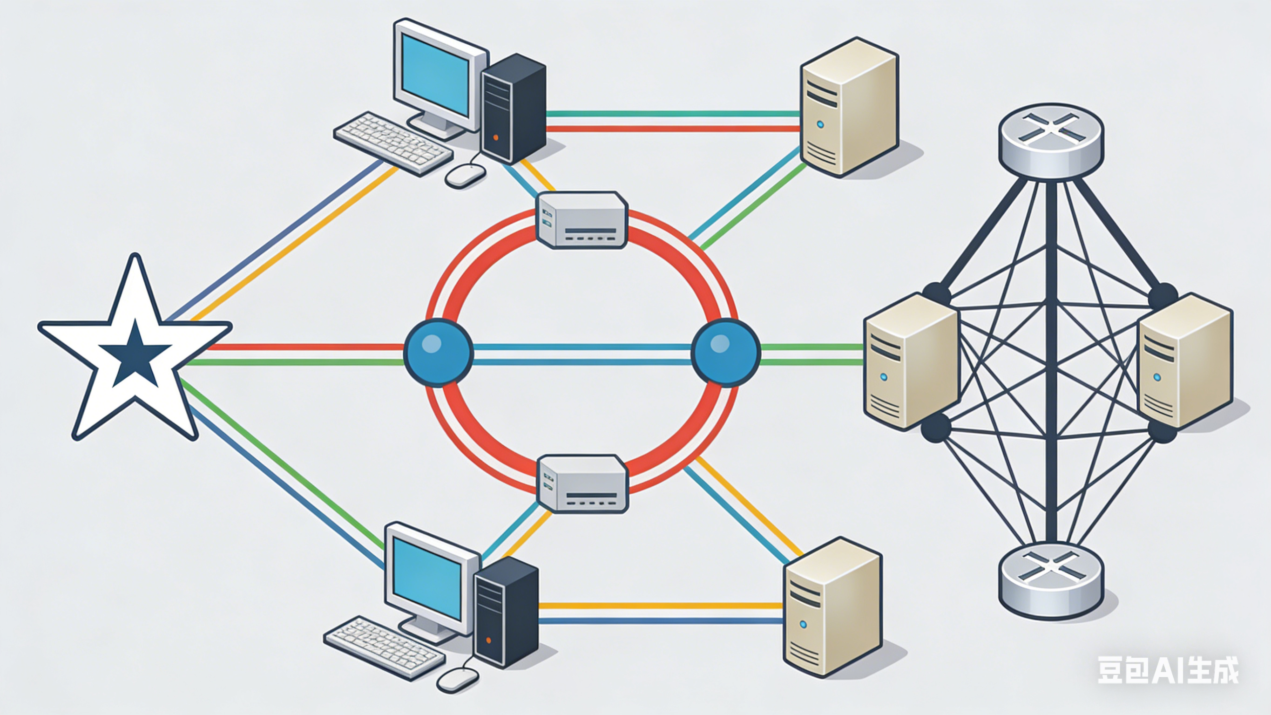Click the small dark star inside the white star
tap(135, 354)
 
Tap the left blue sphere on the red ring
tap(438, 353)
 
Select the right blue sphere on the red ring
tap(725, 353)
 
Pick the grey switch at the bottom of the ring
tap(582, 483)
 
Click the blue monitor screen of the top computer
tap(435, 75)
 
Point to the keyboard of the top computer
tap(393, 143)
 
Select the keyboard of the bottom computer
tap(385, 648)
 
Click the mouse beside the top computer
tap(465, 176)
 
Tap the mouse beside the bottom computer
tap(457, 681)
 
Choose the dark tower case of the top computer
tap(513, 109)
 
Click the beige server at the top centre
tap(848, 107)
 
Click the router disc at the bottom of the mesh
tap(1051, 580)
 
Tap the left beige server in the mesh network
tap(910, 361)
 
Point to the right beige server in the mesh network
tap(1184, 361)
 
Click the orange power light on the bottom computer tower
tap(488, 640)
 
